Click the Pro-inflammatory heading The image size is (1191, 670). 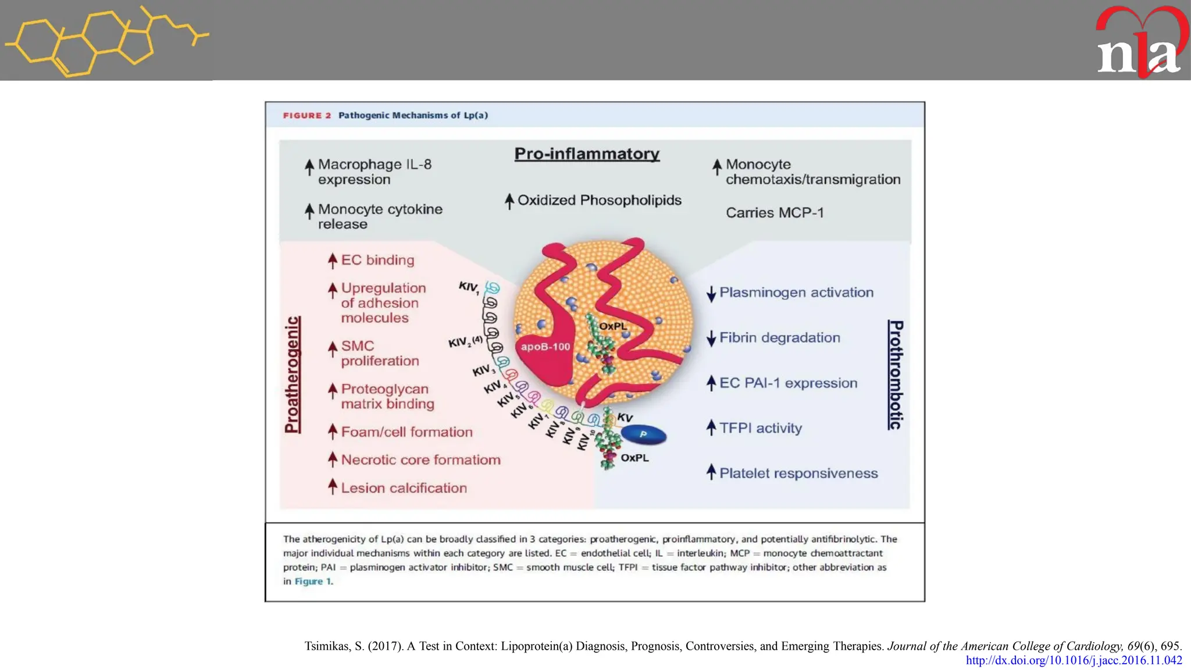(x=587, y=154)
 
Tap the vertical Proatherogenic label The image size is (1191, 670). (x=293, y=375)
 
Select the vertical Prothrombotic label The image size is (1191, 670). (x=896, y=375)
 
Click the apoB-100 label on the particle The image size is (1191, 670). (x=545, y=347)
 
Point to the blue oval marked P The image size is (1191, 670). (x=643, y=434)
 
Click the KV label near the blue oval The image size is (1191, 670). (x=625, y=418)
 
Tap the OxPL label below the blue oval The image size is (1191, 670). (x=634, y=458)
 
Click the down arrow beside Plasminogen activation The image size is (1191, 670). (x=711, y=294)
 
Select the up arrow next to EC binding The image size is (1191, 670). (x=332, y=261)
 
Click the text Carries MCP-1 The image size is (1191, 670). (x=775, y=213)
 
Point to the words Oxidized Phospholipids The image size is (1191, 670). (x=599, y=200)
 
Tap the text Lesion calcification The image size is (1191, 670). (x=404, y=488)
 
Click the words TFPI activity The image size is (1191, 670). (x=760, y=428)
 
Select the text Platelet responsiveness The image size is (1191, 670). (x=798, y=473)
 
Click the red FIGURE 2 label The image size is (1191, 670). (x=306, y=115)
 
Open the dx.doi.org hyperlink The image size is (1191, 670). (x=1074, y=660)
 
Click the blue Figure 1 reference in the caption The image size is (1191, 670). (x=313, y=581)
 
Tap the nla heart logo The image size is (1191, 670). (x=1140, y=44)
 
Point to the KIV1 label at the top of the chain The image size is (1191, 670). (x=468, y=286)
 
